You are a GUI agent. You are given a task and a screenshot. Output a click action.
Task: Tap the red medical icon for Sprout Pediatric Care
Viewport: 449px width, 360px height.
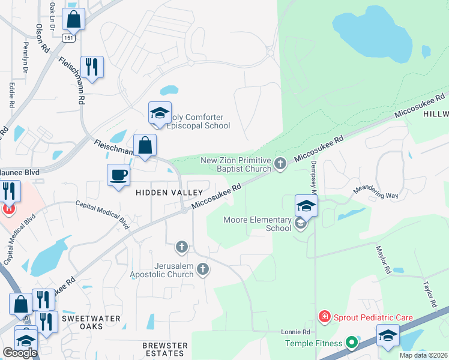click(324, 316)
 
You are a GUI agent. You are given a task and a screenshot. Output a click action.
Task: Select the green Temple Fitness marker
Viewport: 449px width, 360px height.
click(352, 344)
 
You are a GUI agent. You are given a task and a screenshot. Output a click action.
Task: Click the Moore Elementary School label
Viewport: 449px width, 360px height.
click(257, 224)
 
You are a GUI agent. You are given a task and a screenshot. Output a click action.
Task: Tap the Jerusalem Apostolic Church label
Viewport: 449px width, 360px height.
click(162, 269)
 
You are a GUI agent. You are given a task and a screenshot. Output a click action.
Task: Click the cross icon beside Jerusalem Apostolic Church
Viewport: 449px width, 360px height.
click(203, 269)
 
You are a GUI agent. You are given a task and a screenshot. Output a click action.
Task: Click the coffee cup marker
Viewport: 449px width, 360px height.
click(118, 176)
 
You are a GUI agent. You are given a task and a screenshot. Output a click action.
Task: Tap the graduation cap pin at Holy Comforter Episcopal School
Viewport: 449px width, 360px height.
click(160, 113)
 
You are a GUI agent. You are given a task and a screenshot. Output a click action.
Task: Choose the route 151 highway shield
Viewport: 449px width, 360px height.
click(69, 38)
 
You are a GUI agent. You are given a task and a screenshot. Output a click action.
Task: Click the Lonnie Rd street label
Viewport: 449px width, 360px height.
click(296, 332)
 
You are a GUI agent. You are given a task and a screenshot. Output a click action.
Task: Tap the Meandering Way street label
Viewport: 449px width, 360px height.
click(376, 192)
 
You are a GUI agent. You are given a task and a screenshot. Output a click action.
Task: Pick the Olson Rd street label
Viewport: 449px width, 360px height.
click(42, 38)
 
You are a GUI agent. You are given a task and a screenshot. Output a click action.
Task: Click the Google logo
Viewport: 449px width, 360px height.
click(19, 353)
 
